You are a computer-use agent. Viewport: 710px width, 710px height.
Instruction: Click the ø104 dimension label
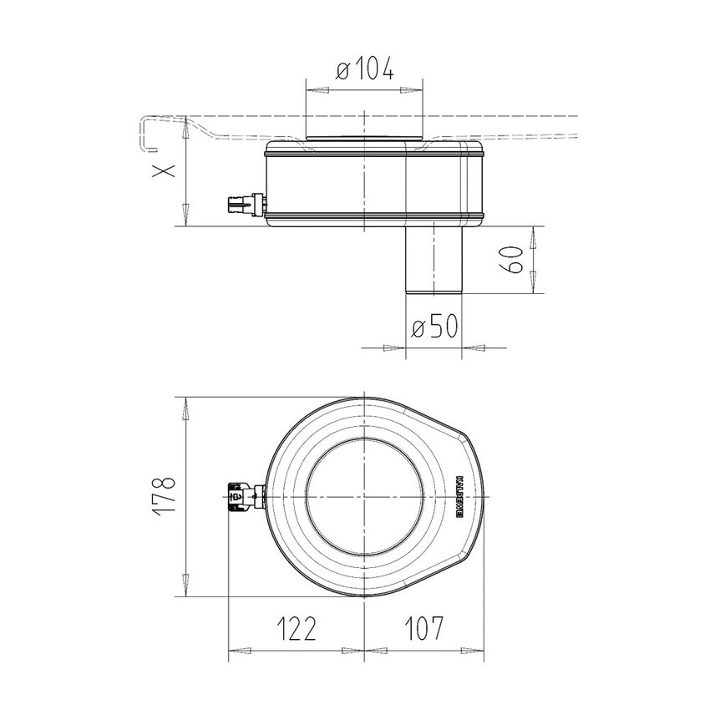click(365, 72)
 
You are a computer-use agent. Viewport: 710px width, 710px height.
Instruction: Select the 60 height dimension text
click(515, 260)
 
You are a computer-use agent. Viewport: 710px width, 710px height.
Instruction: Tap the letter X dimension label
click(165, 170)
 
